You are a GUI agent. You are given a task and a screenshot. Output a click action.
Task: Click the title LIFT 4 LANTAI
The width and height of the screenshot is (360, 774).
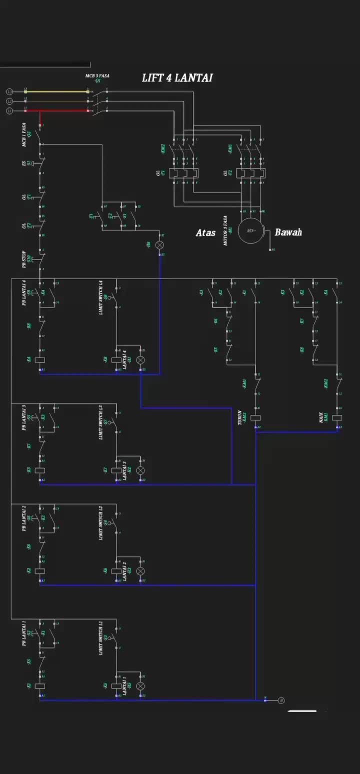point(177,78)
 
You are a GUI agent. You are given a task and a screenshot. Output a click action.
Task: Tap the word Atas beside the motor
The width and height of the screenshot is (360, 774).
point(205,232)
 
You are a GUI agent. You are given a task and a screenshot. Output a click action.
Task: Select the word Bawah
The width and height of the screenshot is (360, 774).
point(288,232)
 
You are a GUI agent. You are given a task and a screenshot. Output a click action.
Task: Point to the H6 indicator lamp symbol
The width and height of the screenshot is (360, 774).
point(160,245)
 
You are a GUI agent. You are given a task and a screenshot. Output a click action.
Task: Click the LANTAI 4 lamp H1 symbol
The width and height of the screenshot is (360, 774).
point(140,360)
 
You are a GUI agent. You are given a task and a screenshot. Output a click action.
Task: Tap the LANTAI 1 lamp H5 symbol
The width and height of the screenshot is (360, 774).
point(140,686)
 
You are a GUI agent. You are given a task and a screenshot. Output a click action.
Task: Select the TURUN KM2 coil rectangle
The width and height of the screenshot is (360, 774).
point(255,417)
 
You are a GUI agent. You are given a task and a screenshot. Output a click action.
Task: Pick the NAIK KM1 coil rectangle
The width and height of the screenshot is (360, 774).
point(337,417)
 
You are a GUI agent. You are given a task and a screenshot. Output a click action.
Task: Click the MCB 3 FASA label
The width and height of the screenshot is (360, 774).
point(97,76)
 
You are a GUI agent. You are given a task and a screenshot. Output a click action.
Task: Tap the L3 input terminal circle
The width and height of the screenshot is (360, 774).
point(9,91)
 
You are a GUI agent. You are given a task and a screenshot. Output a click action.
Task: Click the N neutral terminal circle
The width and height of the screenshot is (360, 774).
point(281,700)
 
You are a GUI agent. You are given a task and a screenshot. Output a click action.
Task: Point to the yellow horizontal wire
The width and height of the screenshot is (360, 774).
point(56,91)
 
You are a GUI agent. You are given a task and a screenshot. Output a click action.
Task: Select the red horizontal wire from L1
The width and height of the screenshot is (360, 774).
point(56,110)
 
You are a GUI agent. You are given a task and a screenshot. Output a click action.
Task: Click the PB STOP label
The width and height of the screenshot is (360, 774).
point(23,259)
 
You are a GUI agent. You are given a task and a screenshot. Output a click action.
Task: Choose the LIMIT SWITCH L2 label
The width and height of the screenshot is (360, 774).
point(101,522)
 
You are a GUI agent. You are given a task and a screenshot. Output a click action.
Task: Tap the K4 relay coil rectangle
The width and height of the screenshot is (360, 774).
point(40,360)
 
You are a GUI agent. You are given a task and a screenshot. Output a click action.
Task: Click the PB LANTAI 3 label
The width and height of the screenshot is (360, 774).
point(23,417)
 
